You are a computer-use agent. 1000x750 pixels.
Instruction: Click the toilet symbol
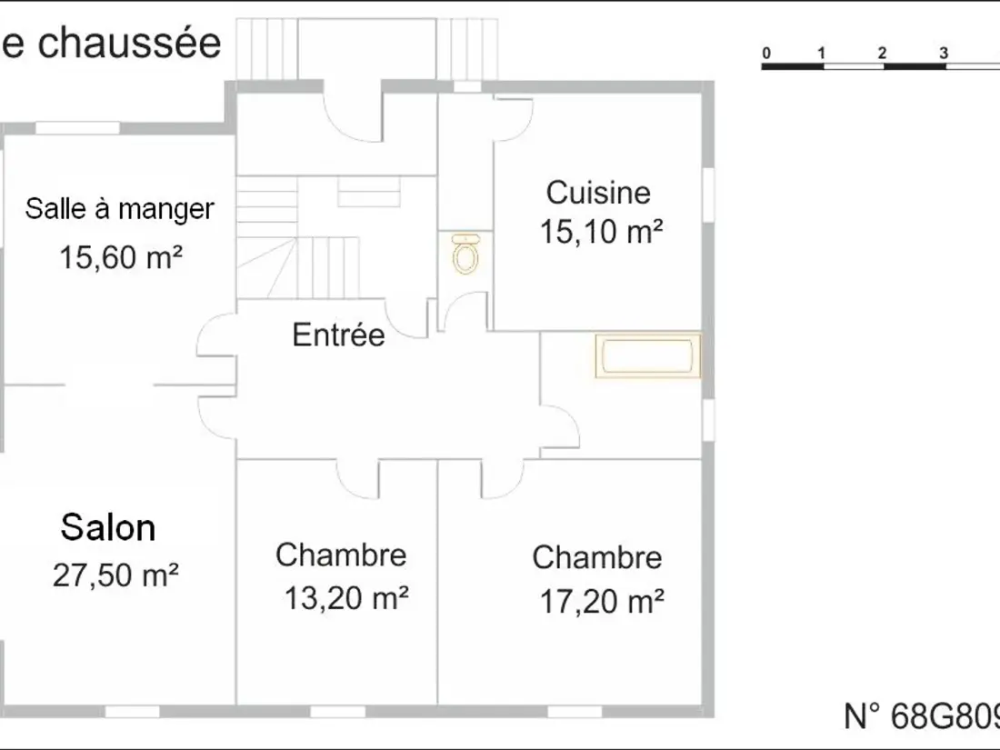466,254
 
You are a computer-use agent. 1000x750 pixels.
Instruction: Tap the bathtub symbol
648,355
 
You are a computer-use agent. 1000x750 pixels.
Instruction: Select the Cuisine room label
598,193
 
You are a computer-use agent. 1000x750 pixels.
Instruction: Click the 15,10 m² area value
601,231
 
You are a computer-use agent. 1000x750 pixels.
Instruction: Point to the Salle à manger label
119,208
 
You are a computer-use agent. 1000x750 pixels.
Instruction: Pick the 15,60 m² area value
121,257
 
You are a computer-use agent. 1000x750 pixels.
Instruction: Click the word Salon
108,528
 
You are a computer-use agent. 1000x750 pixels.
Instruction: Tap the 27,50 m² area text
115,575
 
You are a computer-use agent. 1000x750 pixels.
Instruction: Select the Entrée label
339,335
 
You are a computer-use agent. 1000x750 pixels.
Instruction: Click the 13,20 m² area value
346,598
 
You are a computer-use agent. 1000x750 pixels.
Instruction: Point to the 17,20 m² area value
602,601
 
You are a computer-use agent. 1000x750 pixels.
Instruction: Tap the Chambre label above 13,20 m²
341,555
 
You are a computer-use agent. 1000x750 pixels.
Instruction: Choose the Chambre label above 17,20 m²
597,557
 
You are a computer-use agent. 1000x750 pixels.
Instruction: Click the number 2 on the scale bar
882,54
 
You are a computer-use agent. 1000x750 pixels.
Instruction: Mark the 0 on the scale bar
766,54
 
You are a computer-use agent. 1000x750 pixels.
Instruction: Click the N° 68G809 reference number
922,716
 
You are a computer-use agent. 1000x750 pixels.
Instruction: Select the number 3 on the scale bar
944,54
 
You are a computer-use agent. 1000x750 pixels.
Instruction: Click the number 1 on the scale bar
822,54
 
